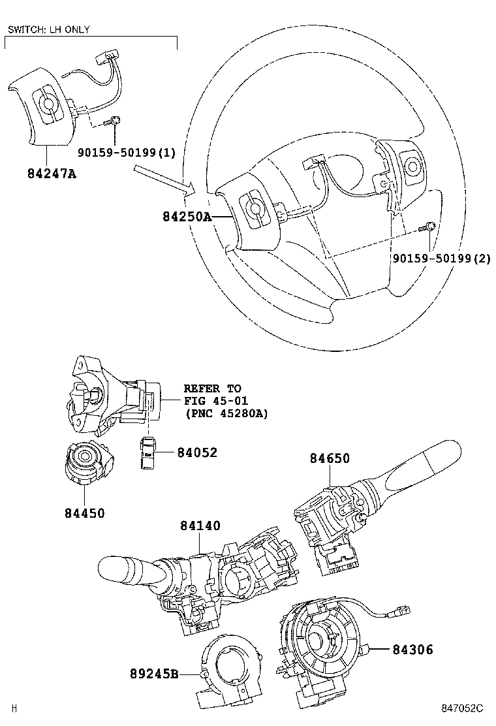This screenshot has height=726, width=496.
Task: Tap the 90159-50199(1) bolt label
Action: coord(127,153)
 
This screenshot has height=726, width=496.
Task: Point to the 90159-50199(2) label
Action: coord(441,259)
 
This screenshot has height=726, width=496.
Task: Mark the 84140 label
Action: coord(200,526)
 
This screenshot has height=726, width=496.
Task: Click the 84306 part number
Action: coord(412,650)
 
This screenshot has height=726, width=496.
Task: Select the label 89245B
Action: coord(153,674)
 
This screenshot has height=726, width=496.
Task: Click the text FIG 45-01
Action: coord(215,400)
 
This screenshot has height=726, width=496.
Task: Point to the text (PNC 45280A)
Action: coord(226,413)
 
